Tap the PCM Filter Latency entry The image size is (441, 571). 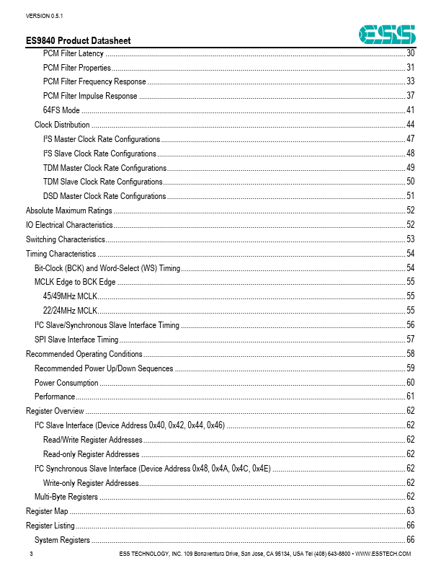pyautogui.click(x=73, y=53)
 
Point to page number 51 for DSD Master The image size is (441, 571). pyautogui.click(x=410, y=196)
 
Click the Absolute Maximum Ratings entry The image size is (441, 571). pyautogui.click(x=69, y=211)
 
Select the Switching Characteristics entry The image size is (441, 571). pyautogui.click(x=66, y=239)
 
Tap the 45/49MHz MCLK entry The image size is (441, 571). pyautogui.click(x=70, y=296)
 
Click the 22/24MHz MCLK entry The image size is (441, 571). pyautogui.click(x=70, y=310)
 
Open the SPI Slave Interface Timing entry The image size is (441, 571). pyautogui.click(x=76, y=339)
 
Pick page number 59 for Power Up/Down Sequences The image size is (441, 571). pyautogui.click(x=410, y=368)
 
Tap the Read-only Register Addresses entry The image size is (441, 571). pyautogui.click(x=91, y=454)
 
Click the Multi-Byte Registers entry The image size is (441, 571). pyautogui.click(x=66, y=497)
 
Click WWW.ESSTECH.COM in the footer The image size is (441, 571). pyautogui.click(x=384, y=554)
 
